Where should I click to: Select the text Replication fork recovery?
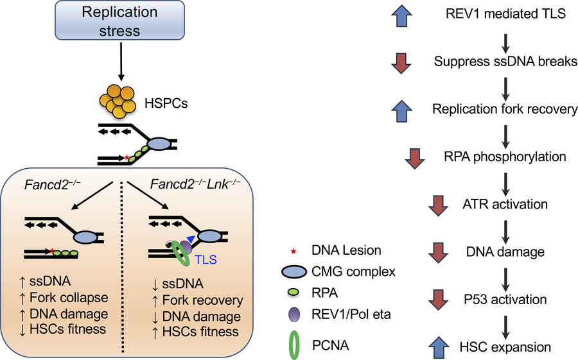(505, 109)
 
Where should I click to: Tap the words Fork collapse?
(72, 298)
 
